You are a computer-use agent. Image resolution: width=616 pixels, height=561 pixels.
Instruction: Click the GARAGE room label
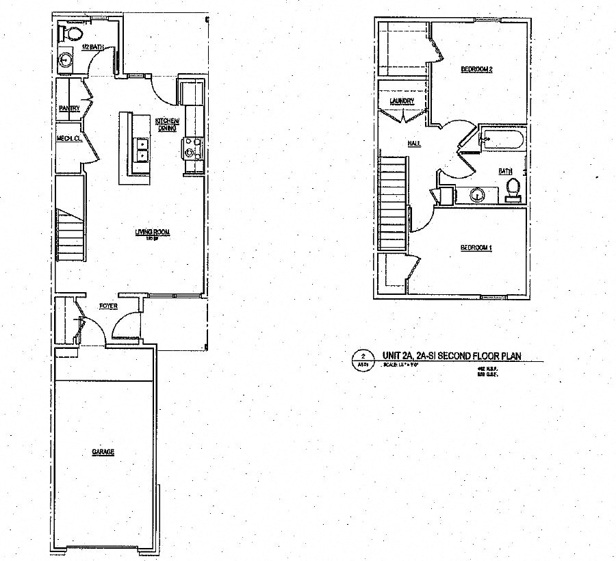103,452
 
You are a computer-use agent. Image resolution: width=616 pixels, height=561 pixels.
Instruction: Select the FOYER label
108,305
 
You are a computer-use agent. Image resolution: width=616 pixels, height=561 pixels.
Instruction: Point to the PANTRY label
69,108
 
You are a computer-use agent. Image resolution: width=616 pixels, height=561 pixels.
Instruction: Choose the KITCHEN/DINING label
167,123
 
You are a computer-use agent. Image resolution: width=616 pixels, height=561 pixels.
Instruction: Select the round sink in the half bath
66,59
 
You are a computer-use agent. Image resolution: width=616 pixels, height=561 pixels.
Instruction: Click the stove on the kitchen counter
190,146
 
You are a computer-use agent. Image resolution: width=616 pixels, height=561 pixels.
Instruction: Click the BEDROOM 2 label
477,69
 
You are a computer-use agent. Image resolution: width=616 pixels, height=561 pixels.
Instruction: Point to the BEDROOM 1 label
476,247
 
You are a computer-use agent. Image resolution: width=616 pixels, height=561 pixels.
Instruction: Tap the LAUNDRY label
402,102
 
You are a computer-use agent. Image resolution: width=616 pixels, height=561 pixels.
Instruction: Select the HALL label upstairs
414,144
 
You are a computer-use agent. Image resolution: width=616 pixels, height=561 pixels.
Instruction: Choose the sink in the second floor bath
476,195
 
